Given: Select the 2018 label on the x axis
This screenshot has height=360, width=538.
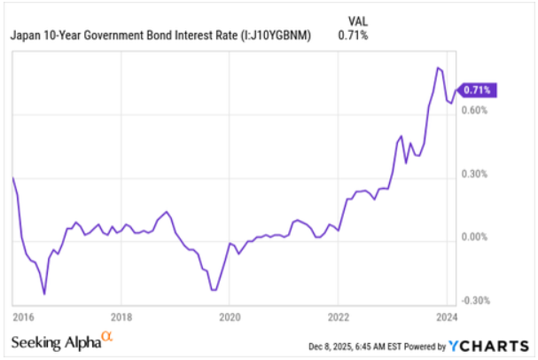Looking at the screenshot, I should (122, 317).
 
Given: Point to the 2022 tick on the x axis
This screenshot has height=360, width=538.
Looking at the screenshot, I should (339, 317).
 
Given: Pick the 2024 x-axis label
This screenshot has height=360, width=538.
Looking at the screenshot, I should (445, 317).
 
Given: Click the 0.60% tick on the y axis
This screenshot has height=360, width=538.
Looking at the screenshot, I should (474, 111).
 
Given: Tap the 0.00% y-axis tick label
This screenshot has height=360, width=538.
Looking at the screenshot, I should (474, 238).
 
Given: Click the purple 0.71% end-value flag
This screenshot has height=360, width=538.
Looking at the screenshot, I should (478, 90).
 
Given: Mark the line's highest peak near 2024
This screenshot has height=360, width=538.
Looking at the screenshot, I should (438, 67).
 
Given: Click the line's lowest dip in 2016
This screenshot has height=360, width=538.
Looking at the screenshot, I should (44, 293).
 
